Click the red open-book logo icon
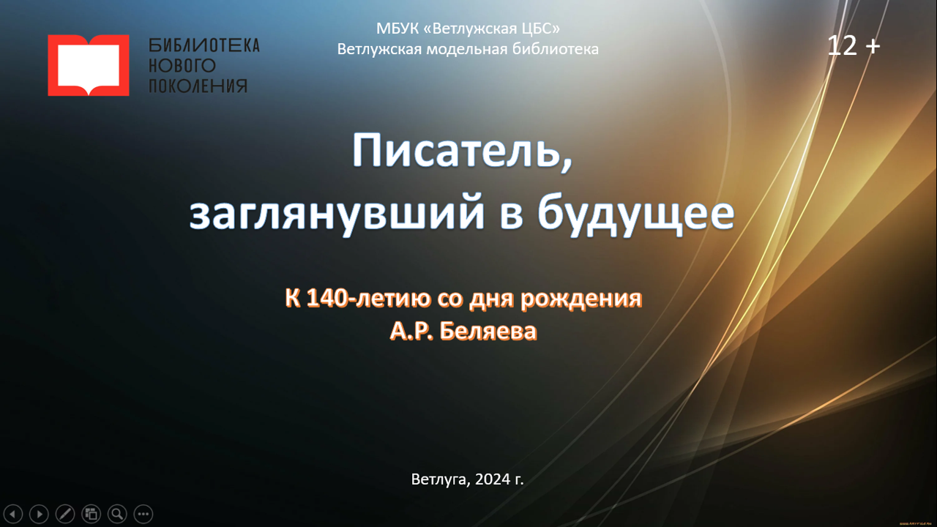(89, 65)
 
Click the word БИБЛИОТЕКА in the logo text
(204, 45)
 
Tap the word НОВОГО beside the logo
(182, 66)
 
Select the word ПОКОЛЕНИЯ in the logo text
(198, 86)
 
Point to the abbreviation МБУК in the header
(397, 29)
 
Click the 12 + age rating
(854, 45)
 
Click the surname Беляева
(488, 332)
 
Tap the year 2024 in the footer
(493, 479)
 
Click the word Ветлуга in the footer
(441, 479)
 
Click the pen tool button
(65, 514)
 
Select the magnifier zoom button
(117, 514)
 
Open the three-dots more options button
(143, 514)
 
